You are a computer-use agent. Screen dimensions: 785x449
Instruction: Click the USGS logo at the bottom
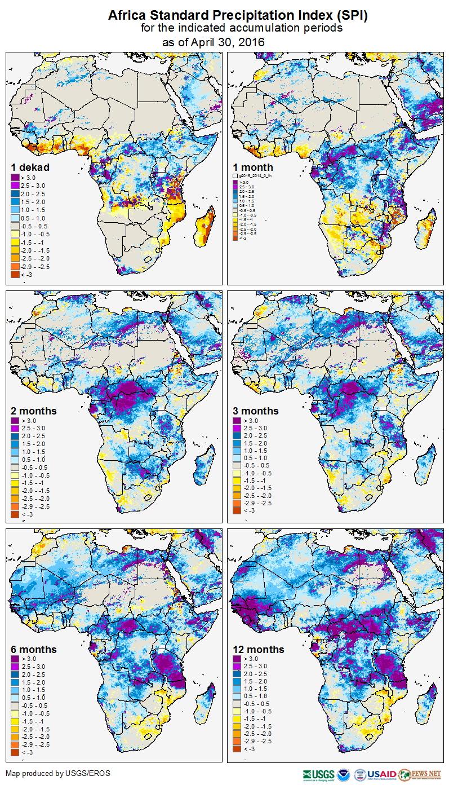point(319,774)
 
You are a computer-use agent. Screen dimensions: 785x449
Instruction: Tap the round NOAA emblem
point(344,774)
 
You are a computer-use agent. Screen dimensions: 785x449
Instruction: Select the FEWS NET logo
point(420,774)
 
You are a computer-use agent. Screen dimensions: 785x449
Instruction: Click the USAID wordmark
point(381,774)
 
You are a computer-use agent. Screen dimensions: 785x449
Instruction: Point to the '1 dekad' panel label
point(30,167)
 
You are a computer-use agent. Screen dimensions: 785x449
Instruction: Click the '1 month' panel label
point(253,167)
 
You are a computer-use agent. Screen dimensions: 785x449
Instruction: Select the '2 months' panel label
point(34,411)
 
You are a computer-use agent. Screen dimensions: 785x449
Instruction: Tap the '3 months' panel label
point(256,411)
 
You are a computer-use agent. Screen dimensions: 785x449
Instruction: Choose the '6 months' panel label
point(34,650)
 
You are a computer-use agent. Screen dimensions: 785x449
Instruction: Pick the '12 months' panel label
point(259,650)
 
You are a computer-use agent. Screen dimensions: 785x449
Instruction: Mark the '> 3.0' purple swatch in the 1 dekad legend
point(16,178)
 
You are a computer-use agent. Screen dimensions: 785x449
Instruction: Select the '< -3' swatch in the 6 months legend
point(16,752)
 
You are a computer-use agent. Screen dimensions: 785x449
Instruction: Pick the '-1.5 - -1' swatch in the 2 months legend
point(16,483)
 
